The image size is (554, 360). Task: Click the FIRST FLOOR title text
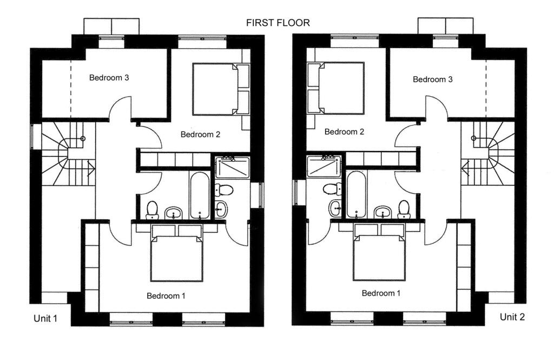click(278, 23)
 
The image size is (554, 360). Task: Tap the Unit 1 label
click(45, 319)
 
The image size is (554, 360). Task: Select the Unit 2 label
click(512, 317)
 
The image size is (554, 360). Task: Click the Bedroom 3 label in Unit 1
click(109, 77)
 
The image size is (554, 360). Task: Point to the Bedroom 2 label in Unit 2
click(344, 132)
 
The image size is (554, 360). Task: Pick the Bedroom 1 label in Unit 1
click(166, 296)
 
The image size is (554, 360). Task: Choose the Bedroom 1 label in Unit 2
click(381, 293)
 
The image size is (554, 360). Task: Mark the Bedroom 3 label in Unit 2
click(432, 79)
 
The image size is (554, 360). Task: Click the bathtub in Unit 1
click(200, 195)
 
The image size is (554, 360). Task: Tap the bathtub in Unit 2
click(356, 194)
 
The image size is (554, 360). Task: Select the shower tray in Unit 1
click(233, 168)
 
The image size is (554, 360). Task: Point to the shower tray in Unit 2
click(324, 166)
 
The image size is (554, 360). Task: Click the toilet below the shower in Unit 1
click(223, 190)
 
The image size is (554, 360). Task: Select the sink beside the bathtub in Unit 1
click(174, 213)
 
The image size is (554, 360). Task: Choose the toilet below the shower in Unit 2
click(333, 189)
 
